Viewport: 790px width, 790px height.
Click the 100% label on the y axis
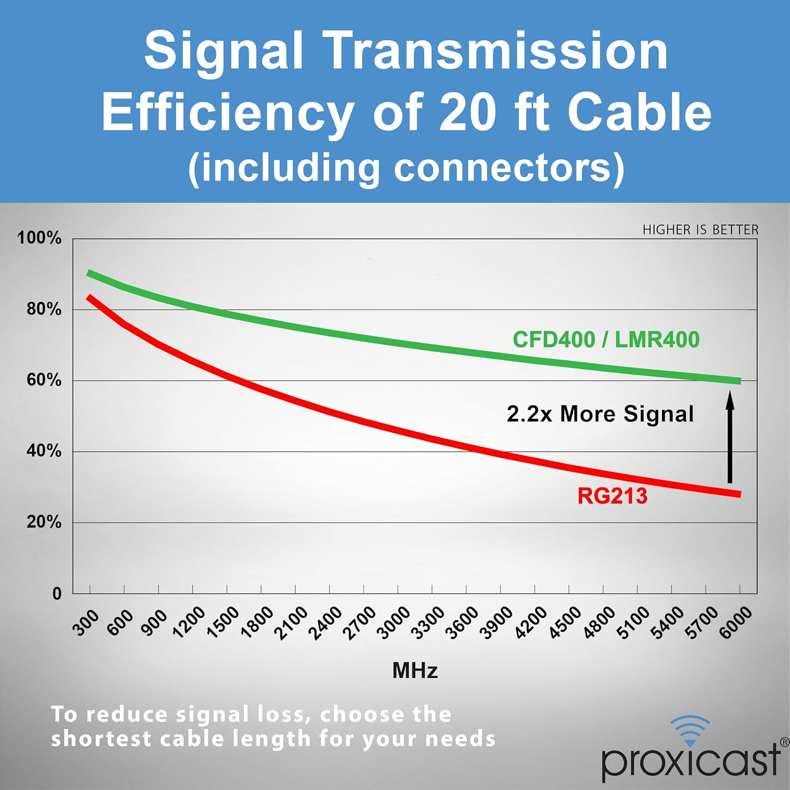tap(39, 238)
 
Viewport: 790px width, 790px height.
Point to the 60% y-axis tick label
tap(44, 380)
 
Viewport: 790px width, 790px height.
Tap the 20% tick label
tap(44, 522)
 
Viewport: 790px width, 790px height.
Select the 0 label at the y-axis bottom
tap(57, 594)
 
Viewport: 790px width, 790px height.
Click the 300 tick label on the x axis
tap(85, 623)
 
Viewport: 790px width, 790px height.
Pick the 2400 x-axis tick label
tap(325, 624)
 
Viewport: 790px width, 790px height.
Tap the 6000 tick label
tap(736, 623)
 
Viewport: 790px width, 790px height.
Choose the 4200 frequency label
tap(530, 624)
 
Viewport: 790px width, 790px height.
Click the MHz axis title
tap(415, 670)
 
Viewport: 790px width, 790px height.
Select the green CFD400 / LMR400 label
tap(606, 340)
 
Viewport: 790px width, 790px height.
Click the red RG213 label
tap(612, 496)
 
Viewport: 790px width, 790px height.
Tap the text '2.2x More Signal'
tap(600, 414)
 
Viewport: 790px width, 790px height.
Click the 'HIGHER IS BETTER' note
tap(700, 230)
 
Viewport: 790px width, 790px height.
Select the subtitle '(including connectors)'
tap(406, 169)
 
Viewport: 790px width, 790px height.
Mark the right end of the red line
tap(739, 494)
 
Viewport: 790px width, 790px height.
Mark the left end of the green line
tap(89, 273)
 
